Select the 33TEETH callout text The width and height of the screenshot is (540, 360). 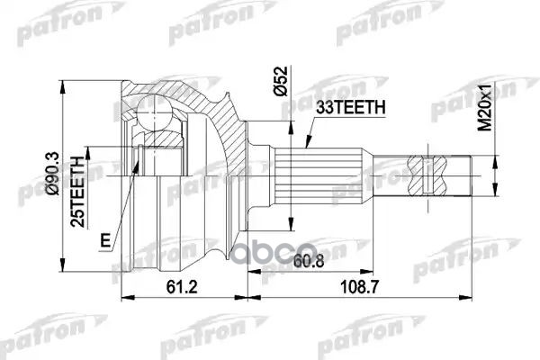coord(350,107)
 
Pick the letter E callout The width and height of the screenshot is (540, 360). coord(106,240)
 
